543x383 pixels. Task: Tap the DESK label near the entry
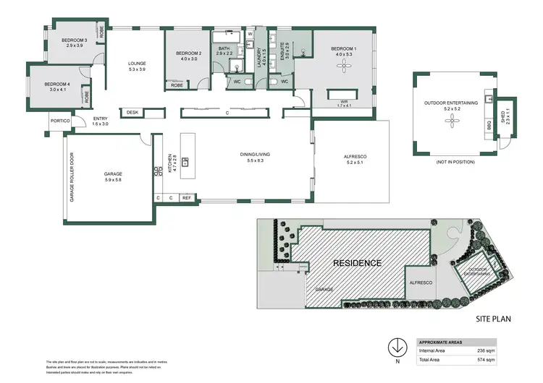click(x=132, y=112)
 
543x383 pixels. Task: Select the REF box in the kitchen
click(x=186, y=197)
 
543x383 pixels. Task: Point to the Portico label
click(x=60, y=121)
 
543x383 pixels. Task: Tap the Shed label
click(x=505, y=116)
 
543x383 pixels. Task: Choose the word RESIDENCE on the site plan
click(x=356, y=263)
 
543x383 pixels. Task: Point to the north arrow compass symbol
click(x=396, y=346)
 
